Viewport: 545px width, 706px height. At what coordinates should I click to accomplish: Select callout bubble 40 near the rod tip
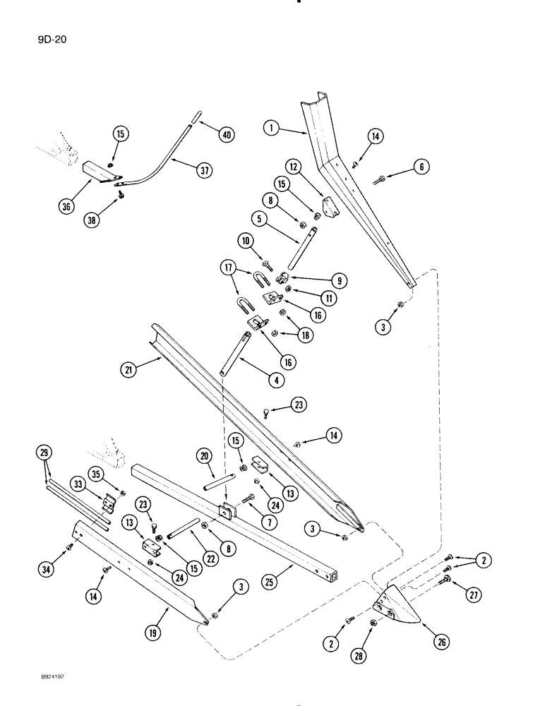click(226, 134)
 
